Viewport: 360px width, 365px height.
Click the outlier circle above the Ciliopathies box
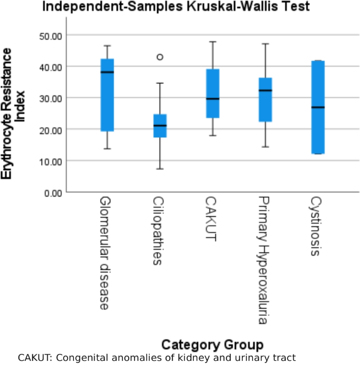[x=160, y=57]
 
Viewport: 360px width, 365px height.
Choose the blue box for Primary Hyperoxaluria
[x=265, y=100]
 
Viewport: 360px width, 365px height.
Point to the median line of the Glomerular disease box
[x=107, y=72]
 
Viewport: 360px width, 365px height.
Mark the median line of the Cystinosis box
[x=318, y=107]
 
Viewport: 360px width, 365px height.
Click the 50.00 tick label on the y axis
[x=51, y=35]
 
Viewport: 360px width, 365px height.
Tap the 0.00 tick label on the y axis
[x=53, y=192]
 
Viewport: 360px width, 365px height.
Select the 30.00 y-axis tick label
[x=51, y=98]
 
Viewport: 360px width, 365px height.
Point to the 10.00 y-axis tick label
[x=51, y=161]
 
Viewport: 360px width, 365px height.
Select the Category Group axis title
[x=212, y=345]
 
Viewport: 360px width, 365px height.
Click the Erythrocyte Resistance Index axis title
[x=14, y=113]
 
